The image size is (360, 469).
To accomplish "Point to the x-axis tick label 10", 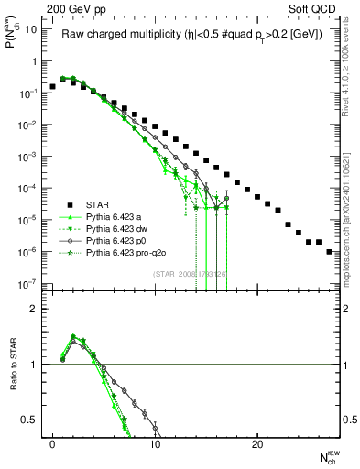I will pos(155,444).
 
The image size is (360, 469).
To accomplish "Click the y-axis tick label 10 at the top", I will pos(30,29).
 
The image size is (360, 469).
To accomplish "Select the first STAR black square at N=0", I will pos(53,86).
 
